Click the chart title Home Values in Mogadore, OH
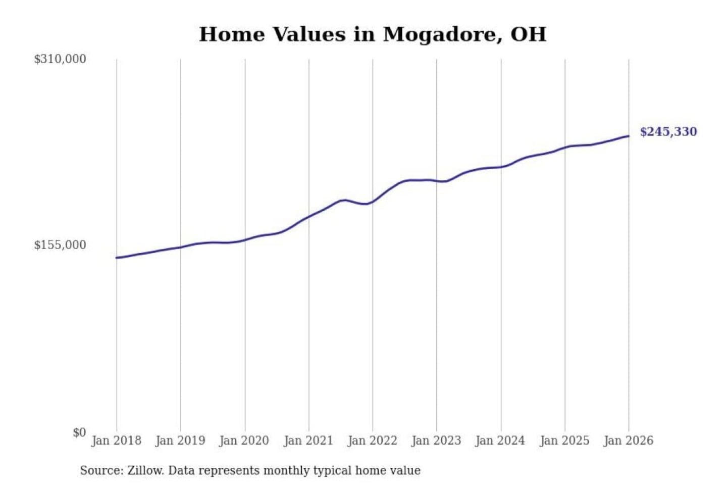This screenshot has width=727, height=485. click(x=373, y=34)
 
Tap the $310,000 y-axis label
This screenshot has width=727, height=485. click(x=60, y=59)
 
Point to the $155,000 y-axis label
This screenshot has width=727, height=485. click(x=60, y=245)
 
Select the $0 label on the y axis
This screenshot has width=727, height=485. click(x=79, y=432)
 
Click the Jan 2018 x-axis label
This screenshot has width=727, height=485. click(x=117, y=441)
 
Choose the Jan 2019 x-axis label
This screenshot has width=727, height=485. click(x=180, y=441)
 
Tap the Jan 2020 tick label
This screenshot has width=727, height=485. click(x=244, y=441)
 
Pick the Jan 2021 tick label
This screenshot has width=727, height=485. click(x=308, y=441)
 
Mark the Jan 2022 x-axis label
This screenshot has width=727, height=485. click(x=373, y=441)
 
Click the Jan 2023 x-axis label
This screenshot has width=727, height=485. click(x=437, y=441)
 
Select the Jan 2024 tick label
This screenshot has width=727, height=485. click(x=500, y=441)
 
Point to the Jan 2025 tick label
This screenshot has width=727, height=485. click(x=564, y=441)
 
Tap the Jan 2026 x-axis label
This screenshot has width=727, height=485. click(x=629, y=441)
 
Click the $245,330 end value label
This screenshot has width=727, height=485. click(x=668, y=132)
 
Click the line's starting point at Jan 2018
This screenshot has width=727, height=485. click(x=117, y=258)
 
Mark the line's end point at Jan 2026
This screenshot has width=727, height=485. click(x=629, y=136)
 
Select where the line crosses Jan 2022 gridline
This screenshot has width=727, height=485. click(x=373, y=202)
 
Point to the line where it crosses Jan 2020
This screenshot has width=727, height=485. click(x=245, y=239)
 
